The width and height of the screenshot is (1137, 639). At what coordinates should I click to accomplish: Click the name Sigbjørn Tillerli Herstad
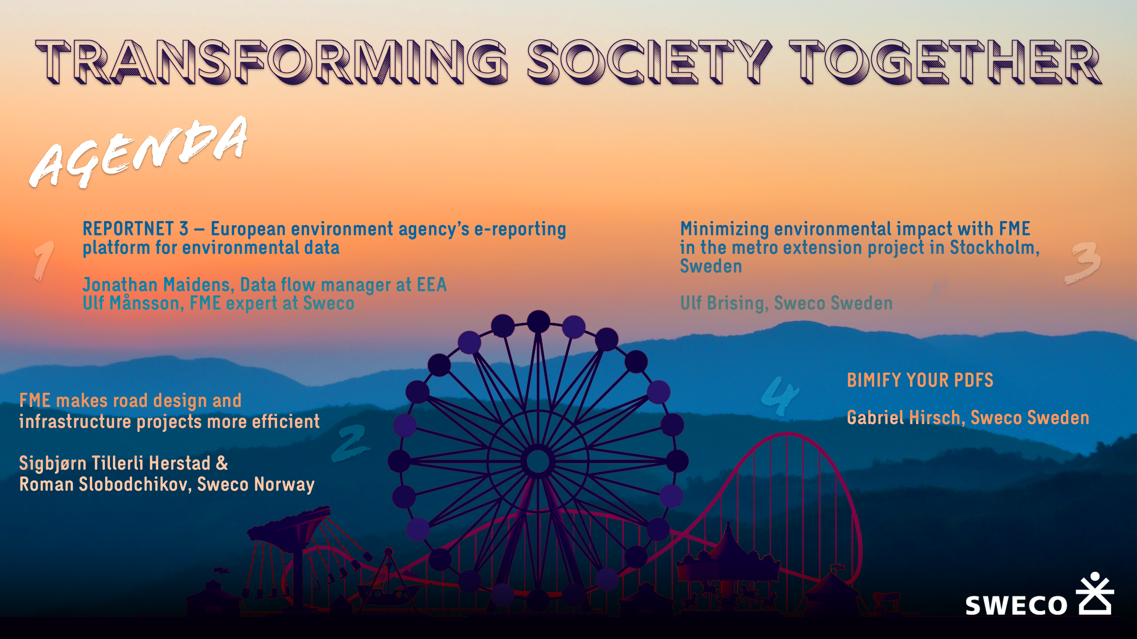tap(115, 463)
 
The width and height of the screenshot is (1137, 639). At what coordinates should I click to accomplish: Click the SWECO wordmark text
tap(1016, 605)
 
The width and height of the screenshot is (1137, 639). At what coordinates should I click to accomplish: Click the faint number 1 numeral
tap(44, 260)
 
